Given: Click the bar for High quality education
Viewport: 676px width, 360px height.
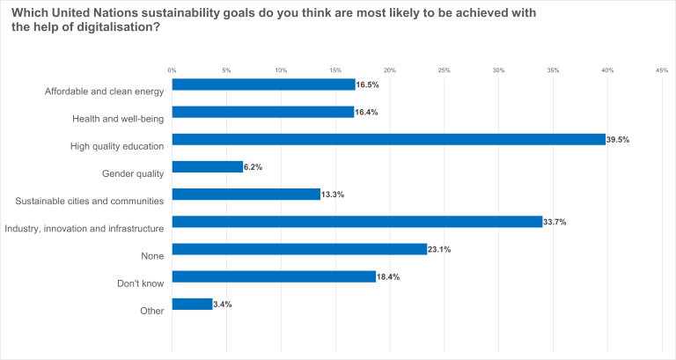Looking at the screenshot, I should point(388,139).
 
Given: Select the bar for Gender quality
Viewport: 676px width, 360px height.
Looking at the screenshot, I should point(207,166).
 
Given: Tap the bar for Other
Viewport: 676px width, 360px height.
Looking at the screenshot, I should point(192,304).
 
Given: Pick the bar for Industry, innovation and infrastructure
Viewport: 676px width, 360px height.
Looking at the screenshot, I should point(356,222).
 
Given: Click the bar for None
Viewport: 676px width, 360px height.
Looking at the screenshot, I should point(299,249).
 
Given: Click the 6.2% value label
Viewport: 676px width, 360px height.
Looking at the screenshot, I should point(253,166).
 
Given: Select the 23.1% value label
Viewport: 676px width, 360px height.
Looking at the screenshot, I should point(439,249).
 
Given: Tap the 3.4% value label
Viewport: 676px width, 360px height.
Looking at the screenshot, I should point(223,304).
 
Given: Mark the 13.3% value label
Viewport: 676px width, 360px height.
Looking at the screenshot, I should point(333,195).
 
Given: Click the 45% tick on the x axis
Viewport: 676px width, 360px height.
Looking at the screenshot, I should point(662,70).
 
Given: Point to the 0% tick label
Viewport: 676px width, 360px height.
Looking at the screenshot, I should point(173,70).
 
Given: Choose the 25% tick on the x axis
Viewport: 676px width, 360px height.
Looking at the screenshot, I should point(445,70).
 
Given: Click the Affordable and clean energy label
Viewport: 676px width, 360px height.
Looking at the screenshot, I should point(104,91).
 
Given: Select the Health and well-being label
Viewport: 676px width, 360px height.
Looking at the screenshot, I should point(118,118).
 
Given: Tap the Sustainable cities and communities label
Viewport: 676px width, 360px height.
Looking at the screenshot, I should point(90,201).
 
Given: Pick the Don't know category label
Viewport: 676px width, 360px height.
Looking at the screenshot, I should point(140,283).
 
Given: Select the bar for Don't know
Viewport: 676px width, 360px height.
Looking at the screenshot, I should point(274,276).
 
